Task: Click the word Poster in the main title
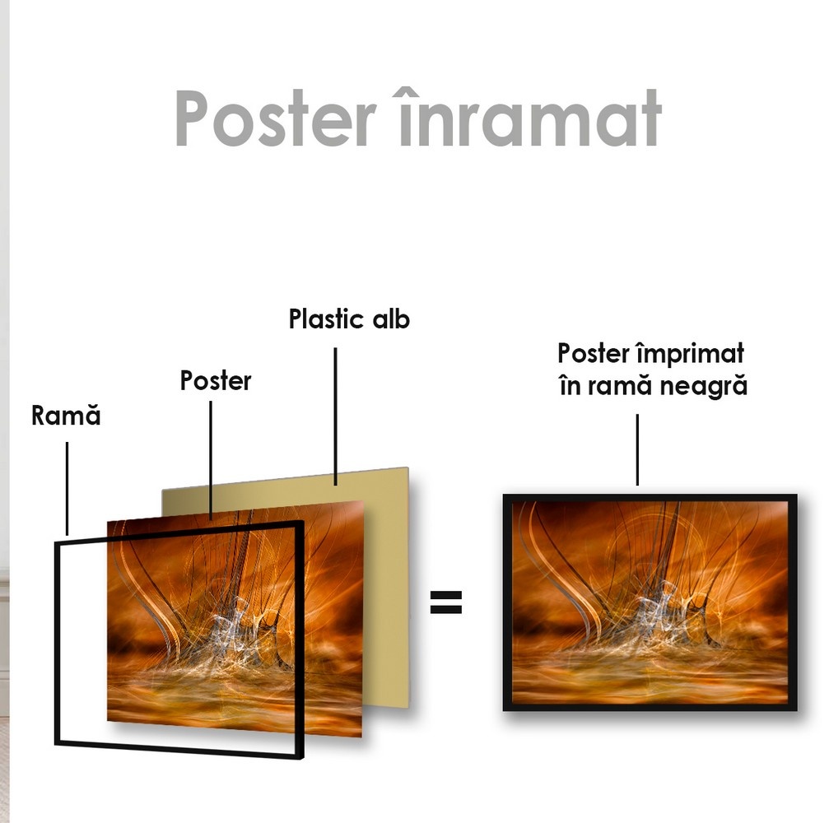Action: pos(276,118)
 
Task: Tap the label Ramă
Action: pos(66,415)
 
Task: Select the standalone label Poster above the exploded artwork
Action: pos(216,380)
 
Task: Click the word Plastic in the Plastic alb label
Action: pos(327,319)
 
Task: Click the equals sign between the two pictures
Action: pos(445,602)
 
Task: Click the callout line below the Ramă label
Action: pos(68,489)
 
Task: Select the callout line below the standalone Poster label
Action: pos(211,460)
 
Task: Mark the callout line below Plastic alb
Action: pos(335,416)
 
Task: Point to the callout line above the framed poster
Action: pos(637,449)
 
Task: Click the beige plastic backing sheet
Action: pos(386,581)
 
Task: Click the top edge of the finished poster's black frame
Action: pos(650,497)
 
